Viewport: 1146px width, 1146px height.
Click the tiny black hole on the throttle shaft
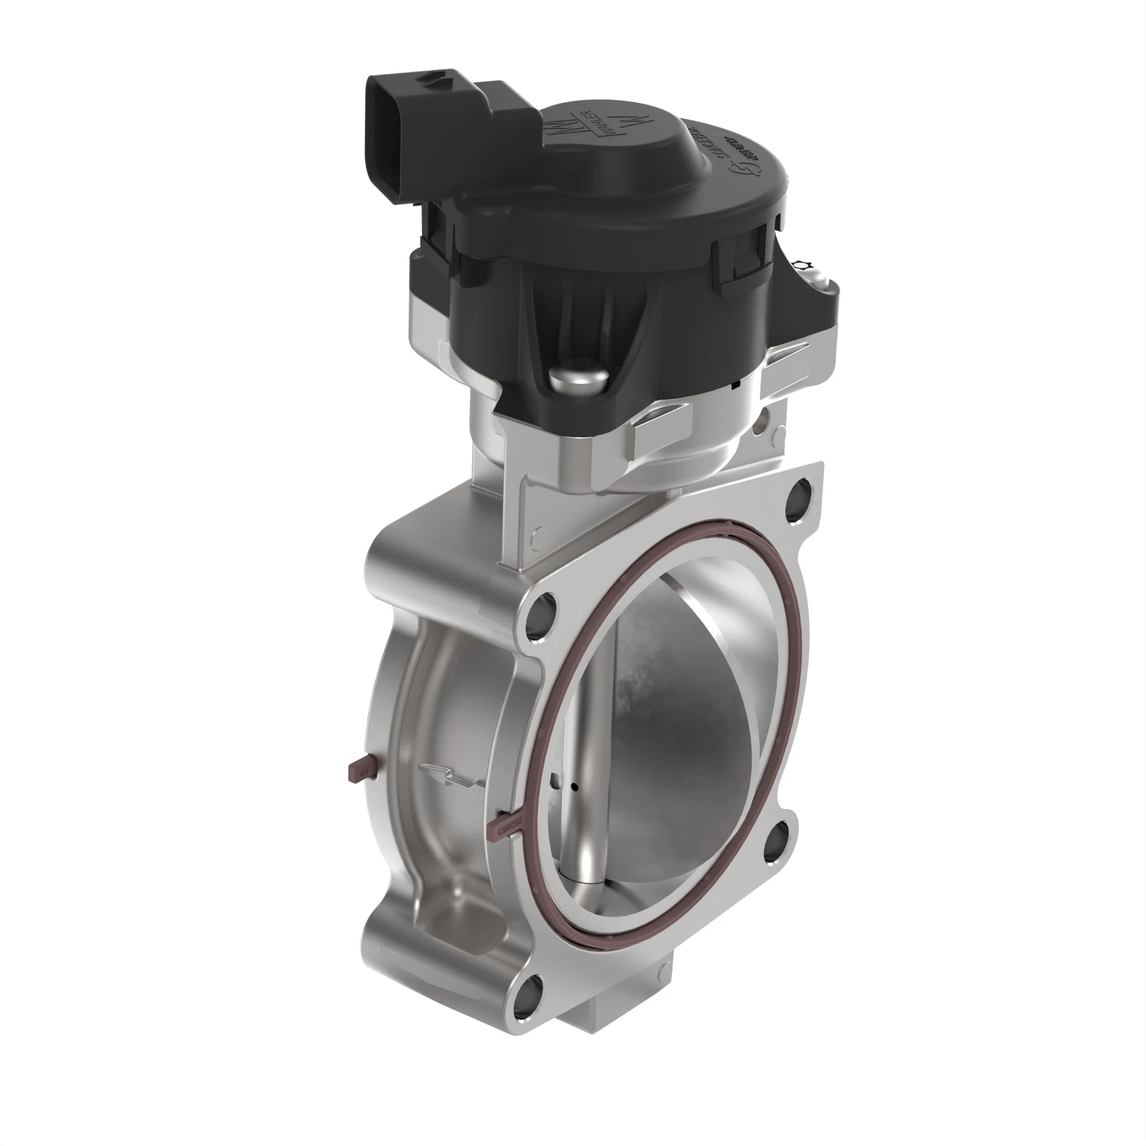click(x=574, y=787)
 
